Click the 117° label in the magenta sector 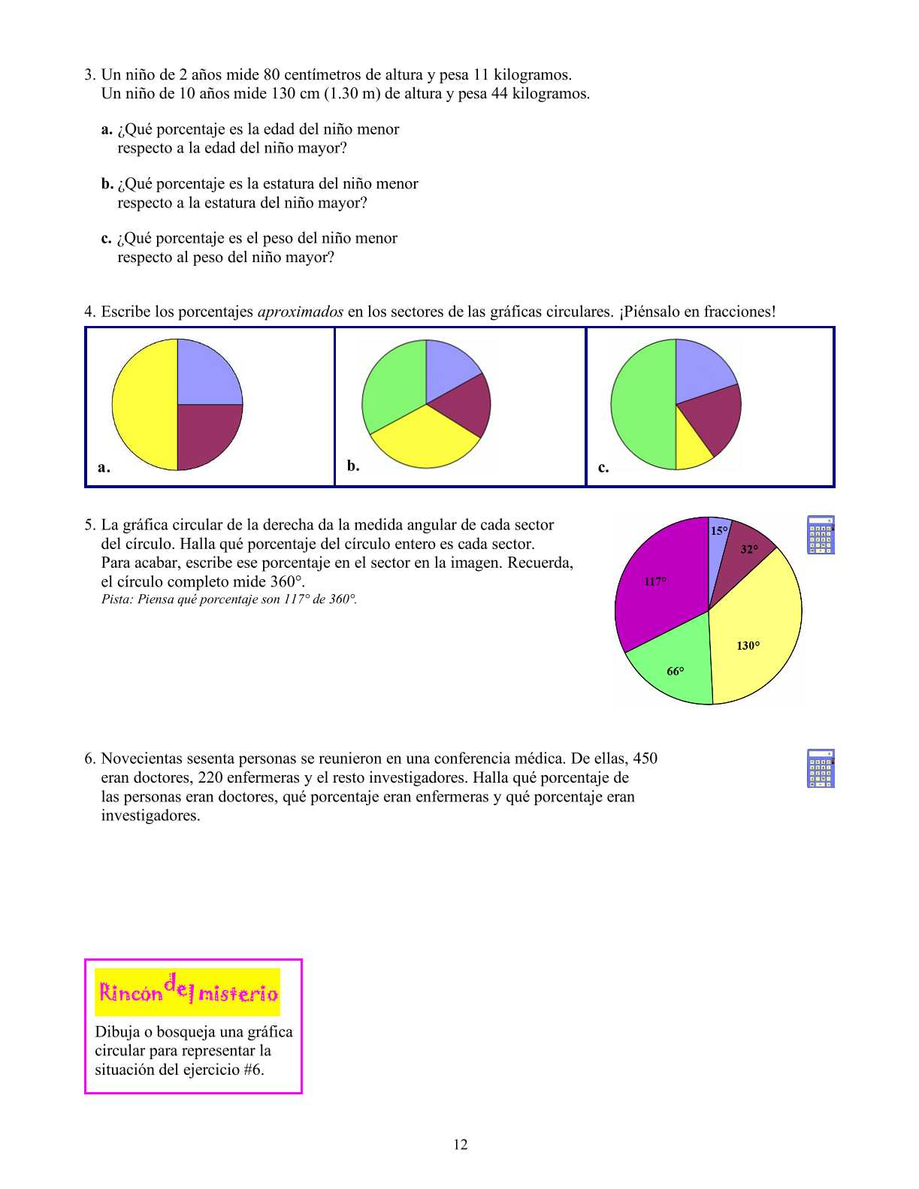click(x=654, y=581)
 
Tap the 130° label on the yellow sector click(x=748, y=646)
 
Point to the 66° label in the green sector click(x=676, y=671)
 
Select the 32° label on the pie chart click(x=749, y=549)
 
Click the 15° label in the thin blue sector click(x=719, y=531)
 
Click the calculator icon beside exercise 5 click(x=821, y=535)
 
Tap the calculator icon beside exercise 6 click(x=821, y=768)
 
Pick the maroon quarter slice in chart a click(x=208, y=436)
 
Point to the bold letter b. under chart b click(x=353, y=466)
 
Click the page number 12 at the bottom click(x=460, y=1145)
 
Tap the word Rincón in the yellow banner click(x=130, y=993)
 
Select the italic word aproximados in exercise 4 click(x=300, y=312)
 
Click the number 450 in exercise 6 click(x=645, y=759)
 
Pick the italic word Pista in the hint click(x=116, y=599)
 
